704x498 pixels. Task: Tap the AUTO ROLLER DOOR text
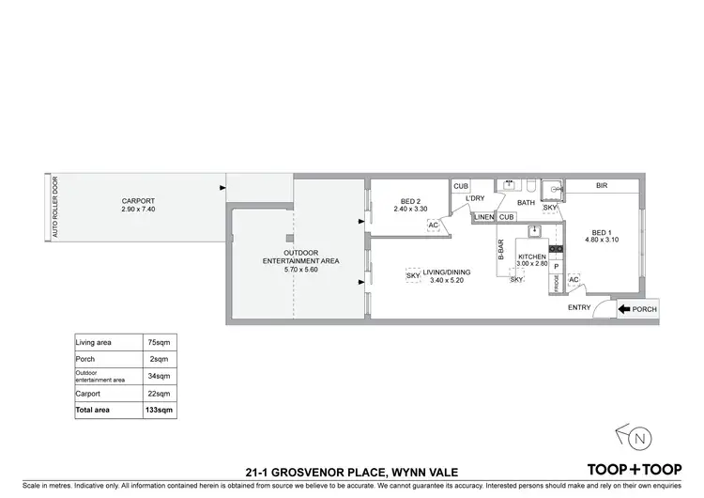pyautogui.click(x=55, y=207)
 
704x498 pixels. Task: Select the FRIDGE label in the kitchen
pyautogui.click(x=555, y=282)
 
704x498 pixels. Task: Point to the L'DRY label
pyautogui.click(x=474, y=198)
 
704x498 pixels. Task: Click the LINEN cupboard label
pyautogui.click(x=483, y=218)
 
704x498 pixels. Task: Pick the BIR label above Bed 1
pyautogui.click(x=602, y=186)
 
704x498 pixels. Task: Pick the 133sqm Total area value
pyautogui.click(x=157, y=411)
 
